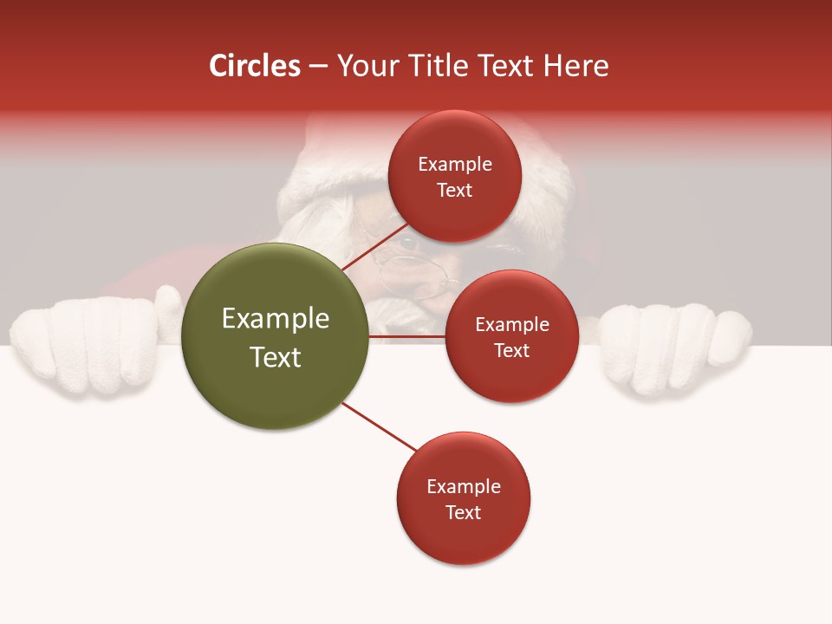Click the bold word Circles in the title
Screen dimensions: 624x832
pos(255,66)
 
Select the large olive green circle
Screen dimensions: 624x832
pos(276,336)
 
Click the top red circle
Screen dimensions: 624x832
pos(454,176)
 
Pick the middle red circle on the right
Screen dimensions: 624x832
pos(511,336)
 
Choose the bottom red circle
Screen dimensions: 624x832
pos(463,498)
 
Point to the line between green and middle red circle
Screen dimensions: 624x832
pos(407,336)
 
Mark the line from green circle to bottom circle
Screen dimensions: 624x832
pos(379,426)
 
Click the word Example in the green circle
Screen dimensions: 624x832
pos(276,318)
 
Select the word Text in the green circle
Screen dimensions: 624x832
pos(276,356)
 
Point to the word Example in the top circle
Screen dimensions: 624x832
pos(454,165)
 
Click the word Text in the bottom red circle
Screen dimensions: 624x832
pos(463,512)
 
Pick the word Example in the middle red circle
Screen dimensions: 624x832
pos(511,325)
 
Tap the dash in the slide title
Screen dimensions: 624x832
pos(317,67)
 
